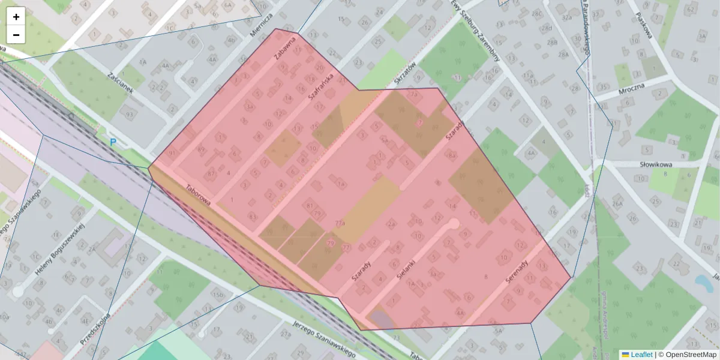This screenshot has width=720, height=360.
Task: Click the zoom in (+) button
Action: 16,17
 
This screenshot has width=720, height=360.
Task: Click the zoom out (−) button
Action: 16,35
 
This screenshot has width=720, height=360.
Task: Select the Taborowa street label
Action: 198,196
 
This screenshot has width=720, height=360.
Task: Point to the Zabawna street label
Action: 285,49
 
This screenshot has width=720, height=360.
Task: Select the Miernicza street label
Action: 262,25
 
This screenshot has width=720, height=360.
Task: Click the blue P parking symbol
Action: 112,143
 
